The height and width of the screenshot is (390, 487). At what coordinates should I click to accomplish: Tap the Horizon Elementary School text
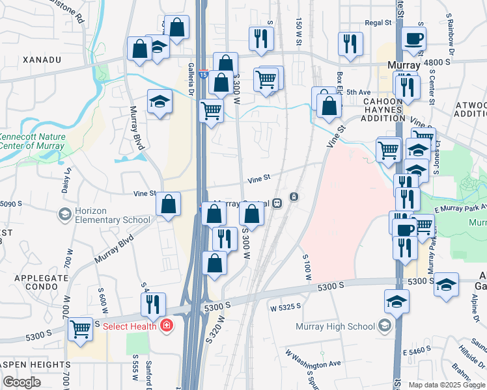coord(112,215)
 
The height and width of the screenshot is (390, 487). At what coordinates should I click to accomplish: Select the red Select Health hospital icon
coord(167,325)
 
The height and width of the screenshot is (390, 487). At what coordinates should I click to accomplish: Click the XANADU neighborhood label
coord(41,60)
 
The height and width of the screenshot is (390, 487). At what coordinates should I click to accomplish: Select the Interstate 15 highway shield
coord(204,74)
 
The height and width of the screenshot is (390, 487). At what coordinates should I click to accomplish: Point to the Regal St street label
coord(378,22)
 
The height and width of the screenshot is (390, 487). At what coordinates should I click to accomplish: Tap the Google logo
coord(22,382)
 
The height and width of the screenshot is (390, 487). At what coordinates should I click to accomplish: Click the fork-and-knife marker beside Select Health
coord(153,304)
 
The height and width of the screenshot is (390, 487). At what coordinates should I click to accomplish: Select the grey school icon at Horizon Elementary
coord(64,214)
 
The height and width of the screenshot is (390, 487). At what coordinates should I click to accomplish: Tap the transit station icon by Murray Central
coord(294,197)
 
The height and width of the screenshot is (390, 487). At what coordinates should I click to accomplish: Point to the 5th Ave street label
coord(357,92)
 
